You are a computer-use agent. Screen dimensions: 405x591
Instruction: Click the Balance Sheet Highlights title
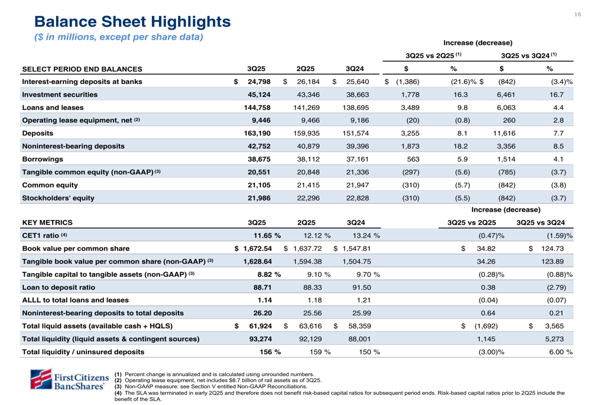(x=132, y=22)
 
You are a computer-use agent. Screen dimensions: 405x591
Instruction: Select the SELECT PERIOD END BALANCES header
(x=82, y=69)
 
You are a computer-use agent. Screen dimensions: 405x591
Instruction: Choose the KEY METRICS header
(x=47, y=223)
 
